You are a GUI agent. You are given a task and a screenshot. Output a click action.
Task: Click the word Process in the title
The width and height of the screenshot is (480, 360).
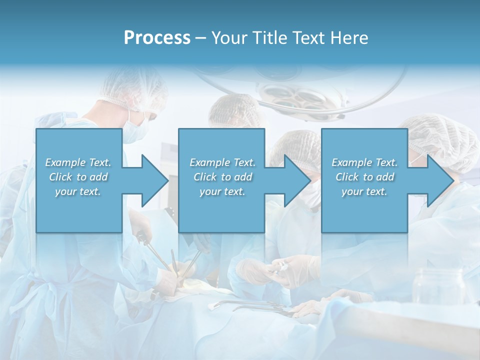coord(157,38)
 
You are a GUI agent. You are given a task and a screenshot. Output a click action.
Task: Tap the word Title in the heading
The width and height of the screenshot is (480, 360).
coord(270,38)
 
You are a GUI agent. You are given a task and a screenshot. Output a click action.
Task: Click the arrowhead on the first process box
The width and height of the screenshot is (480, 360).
coord(152,180)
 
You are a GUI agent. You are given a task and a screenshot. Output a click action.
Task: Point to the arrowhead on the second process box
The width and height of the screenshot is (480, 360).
coord(295,180)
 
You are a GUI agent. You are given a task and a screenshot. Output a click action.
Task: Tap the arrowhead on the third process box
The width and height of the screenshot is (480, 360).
coord(438,180)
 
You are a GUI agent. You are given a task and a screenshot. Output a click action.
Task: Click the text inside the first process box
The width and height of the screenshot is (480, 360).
coord(78,177)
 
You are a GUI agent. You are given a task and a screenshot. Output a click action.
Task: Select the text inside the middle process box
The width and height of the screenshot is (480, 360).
coord(222,177)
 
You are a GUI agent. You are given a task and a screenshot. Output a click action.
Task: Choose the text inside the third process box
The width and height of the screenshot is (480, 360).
coord(364,177)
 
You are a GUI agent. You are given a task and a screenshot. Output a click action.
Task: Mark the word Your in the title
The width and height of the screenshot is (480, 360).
coord(229,38)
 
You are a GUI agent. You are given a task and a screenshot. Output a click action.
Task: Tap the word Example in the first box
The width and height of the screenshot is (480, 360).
coord(65,162)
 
